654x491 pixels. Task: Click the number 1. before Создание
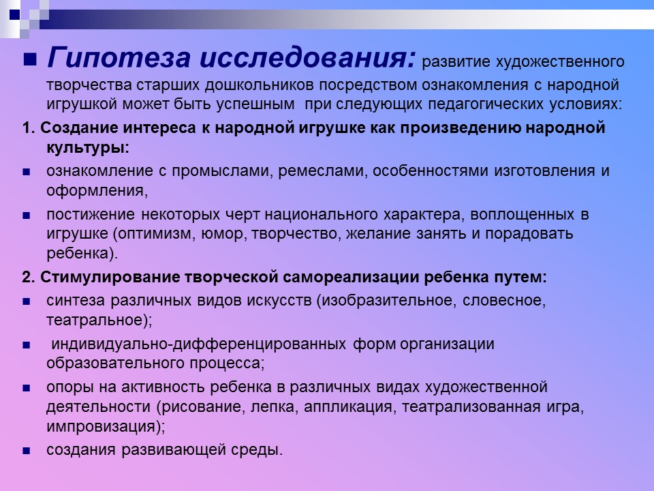[28, 128]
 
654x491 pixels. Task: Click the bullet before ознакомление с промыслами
[27, 172]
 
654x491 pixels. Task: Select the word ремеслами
[326, 171]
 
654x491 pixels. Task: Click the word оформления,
[97, 190]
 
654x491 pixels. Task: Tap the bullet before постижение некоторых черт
[27, 215]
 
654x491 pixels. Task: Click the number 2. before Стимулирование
[28, 278]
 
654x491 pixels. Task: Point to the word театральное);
[99, 319]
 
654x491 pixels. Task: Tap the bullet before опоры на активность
[27, 388]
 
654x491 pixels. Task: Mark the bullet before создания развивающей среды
[27, 451]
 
